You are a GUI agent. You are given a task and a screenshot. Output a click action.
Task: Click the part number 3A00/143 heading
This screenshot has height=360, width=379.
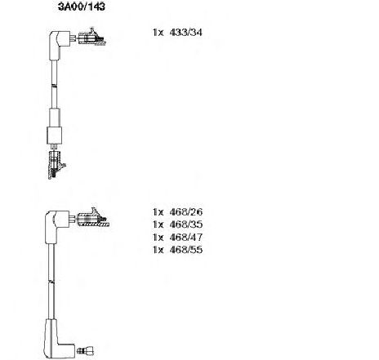tap(82, 7)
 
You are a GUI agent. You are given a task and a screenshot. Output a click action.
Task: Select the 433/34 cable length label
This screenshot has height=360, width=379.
tap(185, 33)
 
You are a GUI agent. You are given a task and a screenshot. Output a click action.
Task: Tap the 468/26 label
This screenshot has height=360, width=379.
tap(185, 211)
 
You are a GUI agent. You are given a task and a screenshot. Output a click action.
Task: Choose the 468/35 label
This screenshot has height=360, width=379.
tap(185, 224)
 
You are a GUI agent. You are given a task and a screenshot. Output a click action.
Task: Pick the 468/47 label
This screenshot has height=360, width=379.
tap(185, 237)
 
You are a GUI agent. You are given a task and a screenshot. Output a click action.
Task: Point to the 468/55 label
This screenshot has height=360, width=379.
tap(185, 250)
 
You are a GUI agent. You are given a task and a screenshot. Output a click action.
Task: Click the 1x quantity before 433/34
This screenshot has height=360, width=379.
tap(158, 33)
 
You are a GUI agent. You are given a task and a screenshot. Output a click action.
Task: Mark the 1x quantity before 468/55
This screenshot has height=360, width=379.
tap(158, 250)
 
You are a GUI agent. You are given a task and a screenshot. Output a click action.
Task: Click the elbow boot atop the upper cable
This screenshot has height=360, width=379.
tap(59, 43)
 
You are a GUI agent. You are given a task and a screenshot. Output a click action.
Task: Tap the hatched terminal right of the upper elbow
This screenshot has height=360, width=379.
tap(91, 37)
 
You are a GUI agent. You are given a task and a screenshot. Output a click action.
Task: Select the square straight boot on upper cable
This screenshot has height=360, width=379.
tap(55, 136)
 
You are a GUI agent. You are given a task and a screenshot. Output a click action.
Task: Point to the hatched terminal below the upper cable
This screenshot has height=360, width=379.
tap(56, 165)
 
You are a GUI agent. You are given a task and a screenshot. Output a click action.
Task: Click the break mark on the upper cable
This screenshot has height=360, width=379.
tap(54, 86)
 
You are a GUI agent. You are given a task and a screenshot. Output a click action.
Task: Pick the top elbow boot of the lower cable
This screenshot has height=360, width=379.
tap(56, 225)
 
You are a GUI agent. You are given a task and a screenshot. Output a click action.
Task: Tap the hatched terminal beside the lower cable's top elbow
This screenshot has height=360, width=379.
tap(93, 218)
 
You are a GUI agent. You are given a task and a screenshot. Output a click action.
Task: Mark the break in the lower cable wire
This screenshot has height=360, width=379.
tap(51, 281)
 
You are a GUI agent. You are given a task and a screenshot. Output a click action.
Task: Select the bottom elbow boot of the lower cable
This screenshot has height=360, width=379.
tap(58, 340)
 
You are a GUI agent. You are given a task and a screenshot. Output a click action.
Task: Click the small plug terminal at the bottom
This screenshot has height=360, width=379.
tap(86, 350)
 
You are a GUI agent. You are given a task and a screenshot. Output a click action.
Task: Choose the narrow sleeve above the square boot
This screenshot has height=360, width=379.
tap(55, 118)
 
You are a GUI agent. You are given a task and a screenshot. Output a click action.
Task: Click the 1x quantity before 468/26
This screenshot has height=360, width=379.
tap(158, 211)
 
